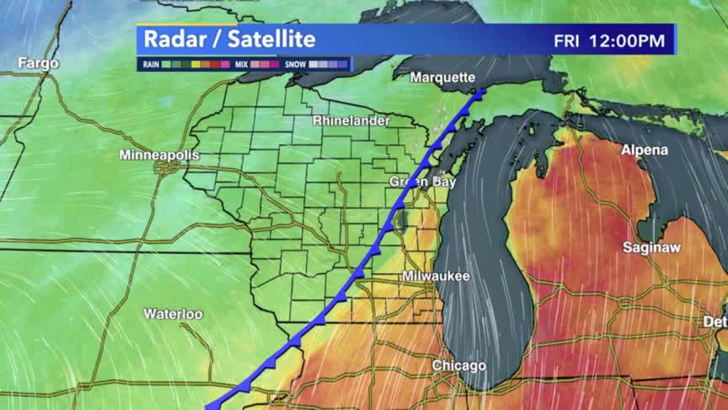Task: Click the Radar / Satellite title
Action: tap(229, 39)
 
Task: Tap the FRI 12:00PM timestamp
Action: tap(608, 40)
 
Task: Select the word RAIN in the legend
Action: tap(152, 64)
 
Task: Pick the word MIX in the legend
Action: tap(242, 64)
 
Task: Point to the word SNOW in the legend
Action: tap(296, 64)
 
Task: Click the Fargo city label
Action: tap(39, 63)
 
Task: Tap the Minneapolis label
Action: tap(159, 155)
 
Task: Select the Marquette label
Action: tap(443, 78)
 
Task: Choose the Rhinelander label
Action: tap(351, 121)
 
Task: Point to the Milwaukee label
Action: tap(436, 277)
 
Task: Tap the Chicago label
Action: tap(458, 365)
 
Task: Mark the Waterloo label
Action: tap(173, 314)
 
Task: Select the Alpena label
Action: tap(645, 150)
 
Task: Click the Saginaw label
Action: tap(651, 248)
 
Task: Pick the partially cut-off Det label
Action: tap(715, 321)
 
